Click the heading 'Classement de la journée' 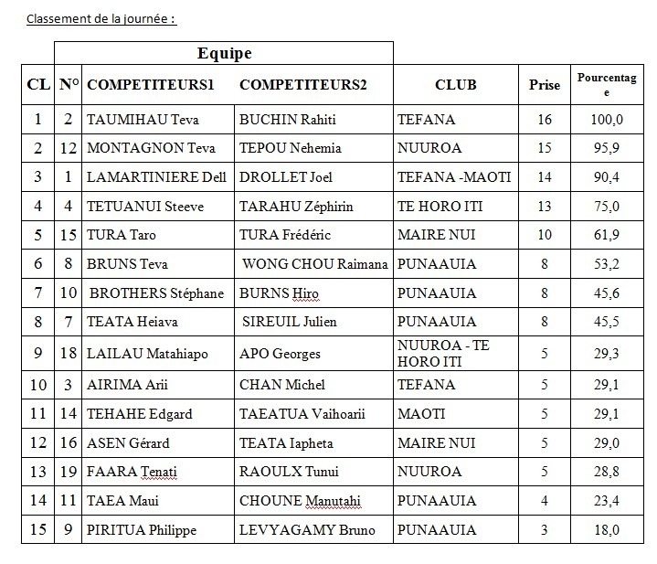(x=101, y=19)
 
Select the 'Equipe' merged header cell (x=224, y=53)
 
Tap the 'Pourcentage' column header (x=606, y=85)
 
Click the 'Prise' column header (x=545, y=86)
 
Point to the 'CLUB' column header (x=455, y=86)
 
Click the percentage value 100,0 (x=606, y=119)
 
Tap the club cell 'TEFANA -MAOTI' (x=454, y=176)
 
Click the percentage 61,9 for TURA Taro (x=606, y=235)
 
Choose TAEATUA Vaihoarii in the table (x=302, y=414)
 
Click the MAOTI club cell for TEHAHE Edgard (x=422, y=414)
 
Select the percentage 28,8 (x=606, y=472)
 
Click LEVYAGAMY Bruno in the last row (x=300, y=530)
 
